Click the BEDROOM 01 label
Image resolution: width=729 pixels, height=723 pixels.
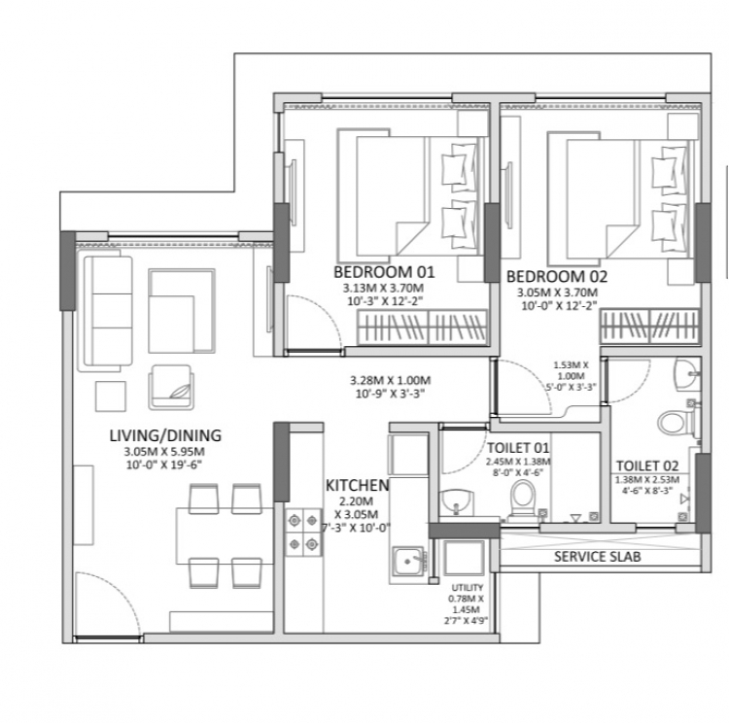point(384,272)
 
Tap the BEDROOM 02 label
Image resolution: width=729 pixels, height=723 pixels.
point(557,277)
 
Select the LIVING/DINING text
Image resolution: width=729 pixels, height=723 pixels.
point(165,435)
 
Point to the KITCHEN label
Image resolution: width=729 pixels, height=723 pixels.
point(357,486)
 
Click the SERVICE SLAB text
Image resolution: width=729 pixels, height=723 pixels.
point(598,557)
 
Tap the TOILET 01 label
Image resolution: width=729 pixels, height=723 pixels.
point(518,448)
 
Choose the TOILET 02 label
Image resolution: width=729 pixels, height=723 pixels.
point(647,465)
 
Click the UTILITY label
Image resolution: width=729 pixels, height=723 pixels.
point(467,588)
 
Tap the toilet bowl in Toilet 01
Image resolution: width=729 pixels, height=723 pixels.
point(523,498)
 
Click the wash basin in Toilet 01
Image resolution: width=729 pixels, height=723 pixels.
point(456,502)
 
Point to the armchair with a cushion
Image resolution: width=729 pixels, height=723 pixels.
point(171,388)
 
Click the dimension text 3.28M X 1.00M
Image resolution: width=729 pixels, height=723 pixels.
point(391,380)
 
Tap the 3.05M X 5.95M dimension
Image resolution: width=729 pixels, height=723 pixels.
point(164,452)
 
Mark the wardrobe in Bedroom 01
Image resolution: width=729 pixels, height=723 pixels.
point(422,327)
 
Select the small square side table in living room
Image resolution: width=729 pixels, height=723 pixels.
point(111,396)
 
